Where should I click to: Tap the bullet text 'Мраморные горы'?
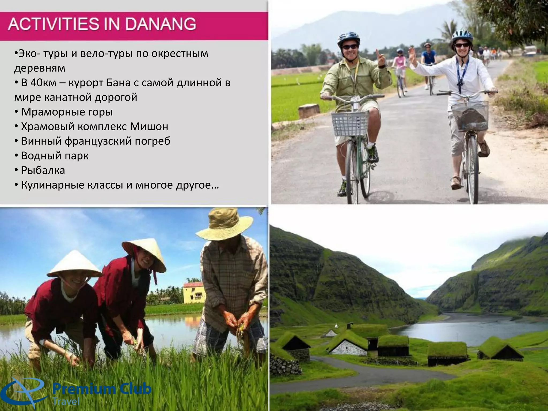[67, 112]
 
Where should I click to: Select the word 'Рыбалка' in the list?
[43, 170]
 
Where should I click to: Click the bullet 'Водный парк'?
[55, 156]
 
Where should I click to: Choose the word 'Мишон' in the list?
[149, 127]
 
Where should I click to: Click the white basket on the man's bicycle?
[350, 124]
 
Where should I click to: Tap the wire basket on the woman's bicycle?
[470, 116]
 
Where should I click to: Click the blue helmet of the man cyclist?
[348, 38]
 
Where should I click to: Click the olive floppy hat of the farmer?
[224, 224]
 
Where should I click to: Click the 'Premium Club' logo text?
[102, 389]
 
